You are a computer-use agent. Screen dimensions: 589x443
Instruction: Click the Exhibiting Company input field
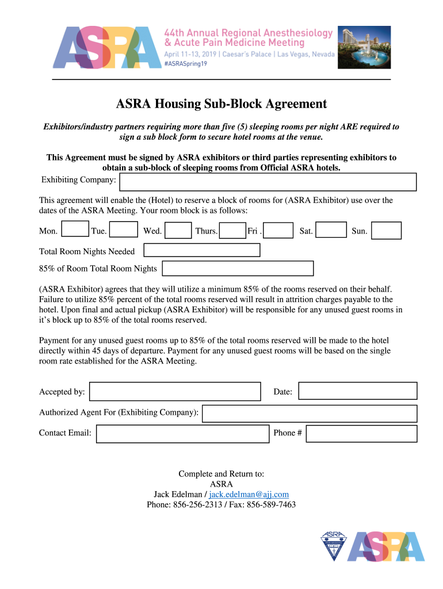[x=268, y=182]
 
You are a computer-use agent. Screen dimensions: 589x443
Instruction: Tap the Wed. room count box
[x=178, y=231]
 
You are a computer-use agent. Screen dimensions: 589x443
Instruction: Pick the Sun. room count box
[x=386, y=231]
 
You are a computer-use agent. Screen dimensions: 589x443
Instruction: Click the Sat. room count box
[x=331, y=230]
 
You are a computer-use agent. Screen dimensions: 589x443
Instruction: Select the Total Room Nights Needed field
[x=201, y=250]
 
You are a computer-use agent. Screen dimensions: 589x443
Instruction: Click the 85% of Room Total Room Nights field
[x=238, y=269]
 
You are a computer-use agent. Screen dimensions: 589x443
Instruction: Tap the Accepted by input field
[x=175, y=392]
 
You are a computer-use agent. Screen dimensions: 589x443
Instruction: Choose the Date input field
[x=357, y=391]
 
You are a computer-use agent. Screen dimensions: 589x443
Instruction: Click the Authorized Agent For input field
[x=310, y=414]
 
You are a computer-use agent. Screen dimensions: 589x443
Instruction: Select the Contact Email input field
[x=182, y=434]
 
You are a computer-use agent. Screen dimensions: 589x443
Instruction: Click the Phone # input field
[x=361, y=434]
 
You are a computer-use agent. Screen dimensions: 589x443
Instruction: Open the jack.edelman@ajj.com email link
[x=249, y=495]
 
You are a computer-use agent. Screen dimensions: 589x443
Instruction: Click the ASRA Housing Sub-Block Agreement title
[x=221, y=104]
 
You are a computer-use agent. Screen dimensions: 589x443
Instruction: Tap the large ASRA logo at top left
[x=106, y=47]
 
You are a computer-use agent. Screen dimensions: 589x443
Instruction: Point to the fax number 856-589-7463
[x=271, y=505]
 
